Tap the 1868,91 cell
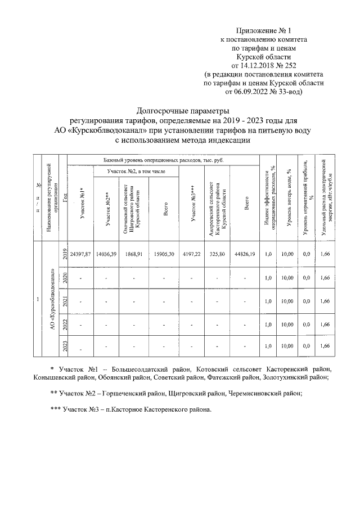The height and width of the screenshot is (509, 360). [x=135, y=254]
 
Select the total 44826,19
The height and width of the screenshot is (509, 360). [x=245, y=254]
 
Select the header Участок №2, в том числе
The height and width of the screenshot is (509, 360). [x=137, y=170]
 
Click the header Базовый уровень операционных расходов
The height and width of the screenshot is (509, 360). [x=163, y=160]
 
